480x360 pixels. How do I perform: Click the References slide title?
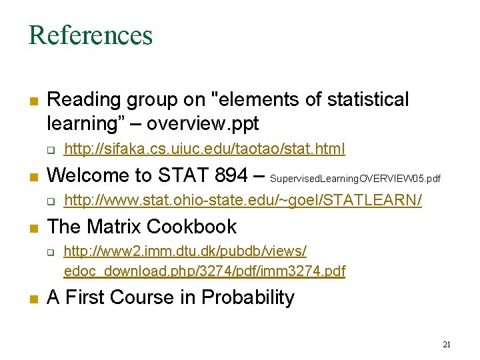tap(90, 35)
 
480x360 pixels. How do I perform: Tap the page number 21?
tap(447, 344)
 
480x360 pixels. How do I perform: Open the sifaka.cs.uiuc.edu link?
tap(205, 149)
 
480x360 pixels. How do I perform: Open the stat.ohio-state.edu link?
tap(243, 201)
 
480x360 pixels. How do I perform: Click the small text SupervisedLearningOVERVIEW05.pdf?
tap(355, 179)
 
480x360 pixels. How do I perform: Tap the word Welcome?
tap(89, 175)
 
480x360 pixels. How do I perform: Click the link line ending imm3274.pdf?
tap(205, 271)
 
